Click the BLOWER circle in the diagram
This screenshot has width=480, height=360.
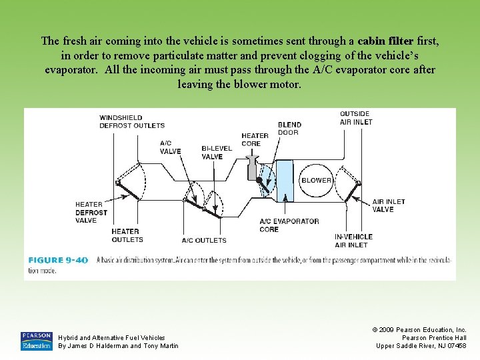click(x=316, y=181)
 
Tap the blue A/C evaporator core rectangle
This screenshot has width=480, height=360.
click(x=285, y=180)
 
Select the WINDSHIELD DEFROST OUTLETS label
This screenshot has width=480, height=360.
click(x=132, y=121)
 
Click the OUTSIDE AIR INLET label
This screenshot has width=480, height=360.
click(x=356, y=118)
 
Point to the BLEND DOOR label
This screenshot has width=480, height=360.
click(x=289, y=128)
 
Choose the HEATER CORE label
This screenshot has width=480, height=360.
click(x=255, y=139)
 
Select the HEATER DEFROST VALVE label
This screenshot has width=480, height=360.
click(x=91, y=213)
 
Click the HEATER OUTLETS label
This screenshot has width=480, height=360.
click(x=127, y=235)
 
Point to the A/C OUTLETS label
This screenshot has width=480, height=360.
click(x=204, y=240)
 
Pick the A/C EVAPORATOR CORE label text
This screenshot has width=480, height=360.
click(x=289, y=225)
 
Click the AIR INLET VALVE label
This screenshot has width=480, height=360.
click(x=388, y=205)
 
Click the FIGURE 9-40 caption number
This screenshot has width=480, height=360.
click(x=58, y=260)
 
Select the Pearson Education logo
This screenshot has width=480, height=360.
click(x=36, y=340)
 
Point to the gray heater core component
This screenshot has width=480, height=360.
click(x=253, y=166)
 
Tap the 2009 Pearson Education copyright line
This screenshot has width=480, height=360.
click(x=420, y=329)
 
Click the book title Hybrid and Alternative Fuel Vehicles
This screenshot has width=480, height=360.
click(x=111, y=337)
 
